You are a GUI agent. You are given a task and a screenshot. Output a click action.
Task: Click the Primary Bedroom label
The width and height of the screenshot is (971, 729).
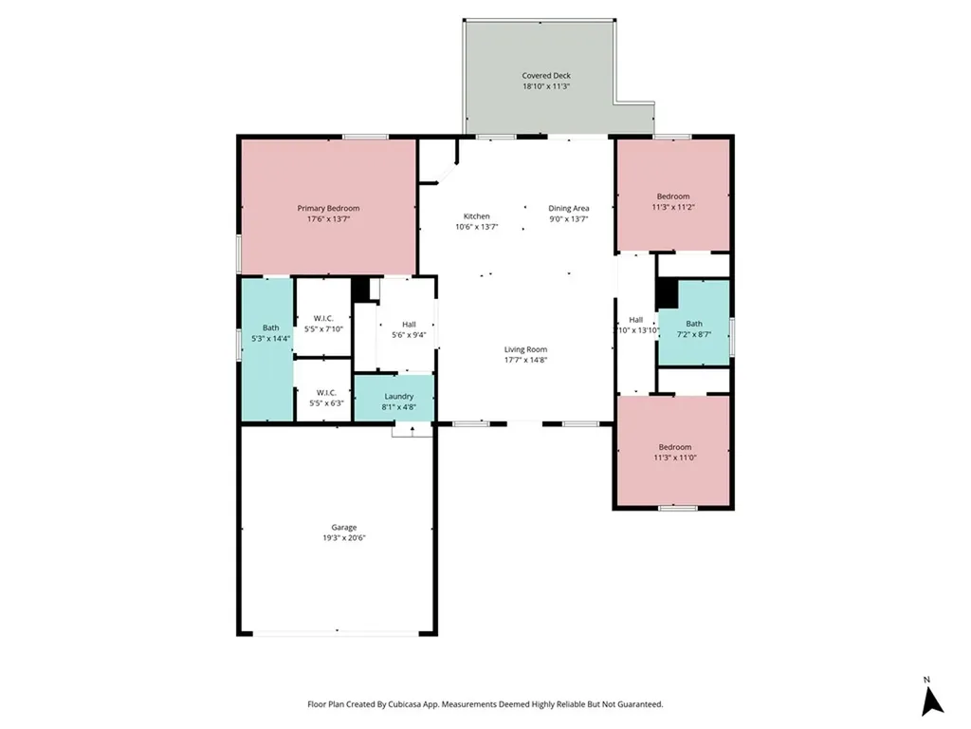328,208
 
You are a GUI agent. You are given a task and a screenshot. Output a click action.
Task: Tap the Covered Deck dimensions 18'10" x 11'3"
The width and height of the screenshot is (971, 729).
546,86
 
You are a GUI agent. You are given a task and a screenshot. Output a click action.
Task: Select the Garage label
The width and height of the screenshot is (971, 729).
343,527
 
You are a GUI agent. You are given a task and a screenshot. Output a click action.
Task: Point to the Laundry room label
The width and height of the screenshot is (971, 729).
398,396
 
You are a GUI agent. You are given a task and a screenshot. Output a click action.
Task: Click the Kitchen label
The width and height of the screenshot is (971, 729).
476,215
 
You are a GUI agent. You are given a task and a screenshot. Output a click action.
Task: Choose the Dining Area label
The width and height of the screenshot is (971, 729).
569,208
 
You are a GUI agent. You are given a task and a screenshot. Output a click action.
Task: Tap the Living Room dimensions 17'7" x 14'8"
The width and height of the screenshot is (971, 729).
525,360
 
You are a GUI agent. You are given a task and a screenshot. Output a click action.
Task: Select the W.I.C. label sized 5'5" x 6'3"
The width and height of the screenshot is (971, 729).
325,392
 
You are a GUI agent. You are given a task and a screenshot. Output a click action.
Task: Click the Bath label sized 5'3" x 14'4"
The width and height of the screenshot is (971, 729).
270,327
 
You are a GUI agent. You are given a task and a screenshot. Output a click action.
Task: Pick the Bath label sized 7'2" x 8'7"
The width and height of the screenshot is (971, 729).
694,323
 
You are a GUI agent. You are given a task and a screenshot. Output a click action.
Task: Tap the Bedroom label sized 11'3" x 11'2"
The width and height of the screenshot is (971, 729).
673,196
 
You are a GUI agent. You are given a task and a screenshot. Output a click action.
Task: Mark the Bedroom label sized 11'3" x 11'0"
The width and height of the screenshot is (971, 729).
674,446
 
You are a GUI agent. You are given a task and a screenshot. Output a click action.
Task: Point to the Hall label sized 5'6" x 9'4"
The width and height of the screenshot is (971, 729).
409,324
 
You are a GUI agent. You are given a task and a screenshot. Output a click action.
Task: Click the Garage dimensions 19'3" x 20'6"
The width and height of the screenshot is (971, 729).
343,538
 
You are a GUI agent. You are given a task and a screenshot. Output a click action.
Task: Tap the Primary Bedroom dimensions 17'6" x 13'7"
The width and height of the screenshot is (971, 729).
328,219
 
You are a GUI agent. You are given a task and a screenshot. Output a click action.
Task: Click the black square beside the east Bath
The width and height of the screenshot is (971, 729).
668,295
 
